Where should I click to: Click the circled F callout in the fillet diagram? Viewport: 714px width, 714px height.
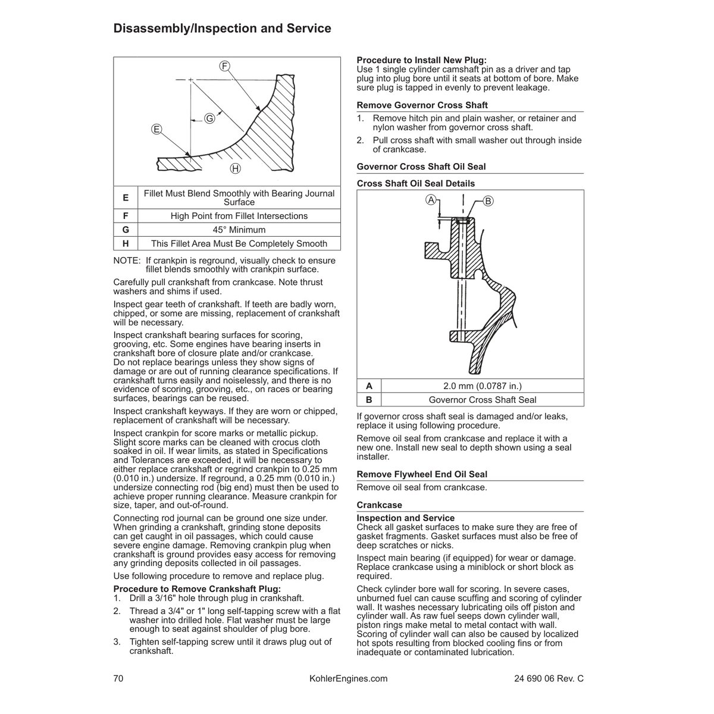225,65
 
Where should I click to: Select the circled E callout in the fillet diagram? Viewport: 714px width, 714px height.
156,129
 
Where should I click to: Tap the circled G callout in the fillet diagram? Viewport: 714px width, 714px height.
209,118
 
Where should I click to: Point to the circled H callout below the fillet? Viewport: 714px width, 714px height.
236,169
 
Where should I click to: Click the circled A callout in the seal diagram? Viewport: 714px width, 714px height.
431,200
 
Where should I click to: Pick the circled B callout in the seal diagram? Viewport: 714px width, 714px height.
488,201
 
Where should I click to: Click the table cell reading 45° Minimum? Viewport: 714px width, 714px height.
239,230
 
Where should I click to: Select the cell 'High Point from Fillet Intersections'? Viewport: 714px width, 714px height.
239,216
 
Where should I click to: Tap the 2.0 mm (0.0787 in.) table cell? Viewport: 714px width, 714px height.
482,386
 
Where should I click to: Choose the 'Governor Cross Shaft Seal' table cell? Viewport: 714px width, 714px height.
482,400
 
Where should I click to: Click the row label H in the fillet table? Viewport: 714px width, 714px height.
126,243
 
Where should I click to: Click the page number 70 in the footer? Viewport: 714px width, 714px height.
118,679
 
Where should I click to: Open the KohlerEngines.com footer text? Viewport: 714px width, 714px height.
349,679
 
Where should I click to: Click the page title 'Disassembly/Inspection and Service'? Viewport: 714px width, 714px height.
222,29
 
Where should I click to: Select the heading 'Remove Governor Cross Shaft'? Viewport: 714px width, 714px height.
422,105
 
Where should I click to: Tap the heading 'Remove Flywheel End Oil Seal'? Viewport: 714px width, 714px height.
422,474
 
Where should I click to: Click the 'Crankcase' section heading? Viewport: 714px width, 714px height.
379,505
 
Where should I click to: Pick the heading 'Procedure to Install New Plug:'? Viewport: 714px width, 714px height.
421,60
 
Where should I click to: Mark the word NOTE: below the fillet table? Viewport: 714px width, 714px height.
127,261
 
